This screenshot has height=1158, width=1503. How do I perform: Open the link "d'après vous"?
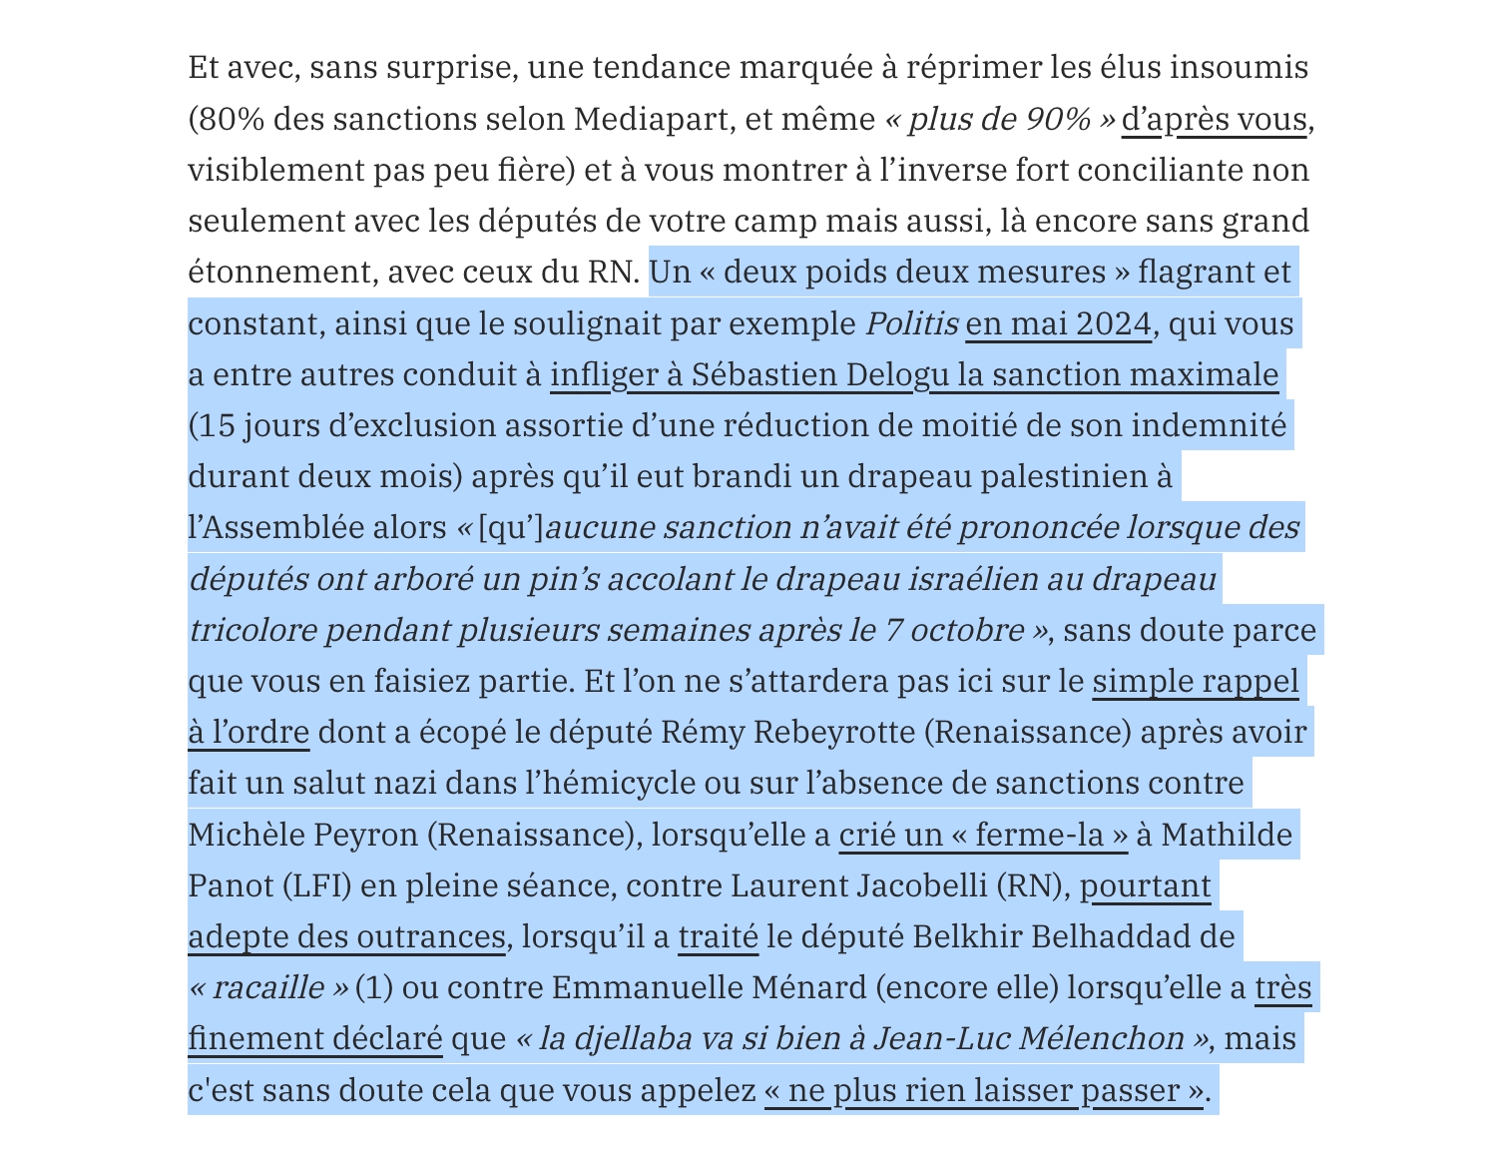pyautogui.click(x=1214, y=119)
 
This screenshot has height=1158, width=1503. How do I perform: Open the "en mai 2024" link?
pyautogui.click(x=1058, y=323)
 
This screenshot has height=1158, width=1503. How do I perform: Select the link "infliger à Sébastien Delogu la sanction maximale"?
pyautogui.click(x=913, y=374)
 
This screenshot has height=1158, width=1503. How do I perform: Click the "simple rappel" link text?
pyautogui.click(x=1196, y=681)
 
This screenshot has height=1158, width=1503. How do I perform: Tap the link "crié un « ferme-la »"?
pyautogui.click(x=983, y=834)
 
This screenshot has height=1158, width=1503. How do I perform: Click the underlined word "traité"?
pyautogui.click(x=718, y=936)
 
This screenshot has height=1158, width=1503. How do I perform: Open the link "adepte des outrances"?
pyautogui.click(x=346, y=936)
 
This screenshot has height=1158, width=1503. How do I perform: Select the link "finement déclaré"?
pyautogui.click(x=314, y=1038)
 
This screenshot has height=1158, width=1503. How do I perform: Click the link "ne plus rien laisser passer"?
pyautogui.click(x=984, y=1090)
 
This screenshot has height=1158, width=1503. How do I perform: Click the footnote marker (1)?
pyautogui.click(x=374, y=987)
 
